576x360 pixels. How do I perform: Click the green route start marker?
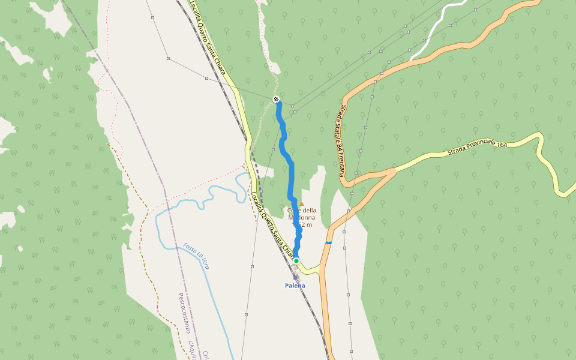(296, 260)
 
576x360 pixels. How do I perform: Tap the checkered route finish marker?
(276, 99)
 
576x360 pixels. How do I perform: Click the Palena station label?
(295, 286)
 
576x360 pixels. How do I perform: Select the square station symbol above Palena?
(296, 277)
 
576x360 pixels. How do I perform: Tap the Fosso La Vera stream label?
(196, 255)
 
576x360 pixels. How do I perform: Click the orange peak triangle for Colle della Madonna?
(302, 204)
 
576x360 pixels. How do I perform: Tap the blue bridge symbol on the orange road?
(328, 242)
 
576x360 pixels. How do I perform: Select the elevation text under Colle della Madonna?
(302, 224)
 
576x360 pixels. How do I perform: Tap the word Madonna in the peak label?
(301, 217)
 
